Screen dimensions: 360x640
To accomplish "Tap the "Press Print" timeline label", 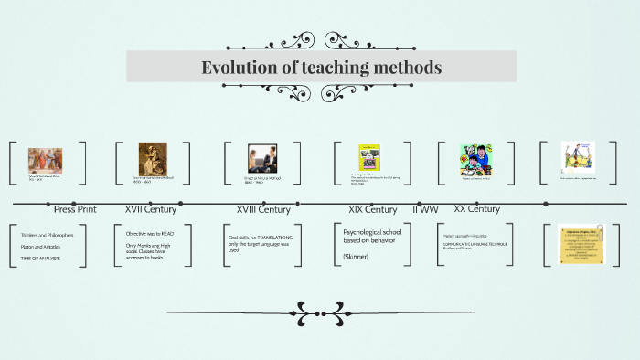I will [x=75, y=209].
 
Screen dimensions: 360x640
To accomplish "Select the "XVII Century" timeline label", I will [x=151, y=208].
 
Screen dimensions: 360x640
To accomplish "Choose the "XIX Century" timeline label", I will [x=372, y=209].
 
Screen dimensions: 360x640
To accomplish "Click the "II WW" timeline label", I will [x=426, y=209].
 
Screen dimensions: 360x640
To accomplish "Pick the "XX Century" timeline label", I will [x=477, y=208].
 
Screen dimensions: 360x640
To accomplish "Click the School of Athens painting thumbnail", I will [x=45, y=160].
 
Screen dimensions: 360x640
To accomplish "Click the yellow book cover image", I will [x=369, y=156].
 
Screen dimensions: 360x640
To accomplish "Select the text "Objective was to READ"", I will [x=151, y=233].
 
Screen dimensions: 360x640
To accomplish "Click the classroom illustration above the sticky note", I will [x=578, y=155].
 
